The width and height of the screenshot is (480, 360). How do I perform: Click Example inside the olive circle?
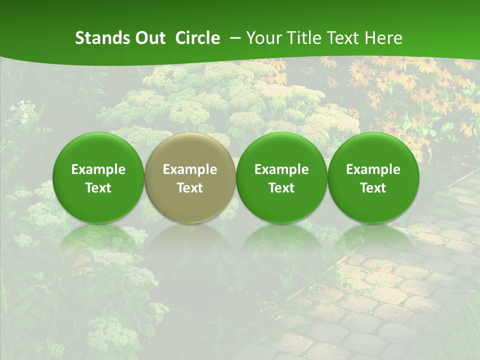pyautogui.click(x=190, y=169)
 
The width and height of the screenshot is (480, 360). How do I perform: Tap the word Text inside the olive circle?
pyautogui.click(x=190, y=188)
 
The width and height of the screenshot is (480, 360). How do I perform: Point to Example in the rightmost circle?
pyautogui.click(x=373, y=169)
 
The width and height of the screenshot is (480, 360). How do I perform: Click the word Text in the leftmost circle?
pyautogui.click(x=98, y=188)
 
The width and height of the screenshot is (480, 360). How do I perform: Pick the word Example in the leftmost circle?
pyautogui.click(x=98, y=169)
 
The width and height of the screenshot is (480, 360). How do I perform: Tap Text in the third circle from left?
pyautogui.click(x=281, y=188)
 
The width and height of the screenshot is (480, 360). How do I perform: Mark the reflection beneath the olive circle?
pyautogui.click(x=190, y=240)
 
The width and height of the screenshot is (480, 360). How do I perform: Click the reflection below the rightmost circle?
pyautogui.click(x=373, y=240)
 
